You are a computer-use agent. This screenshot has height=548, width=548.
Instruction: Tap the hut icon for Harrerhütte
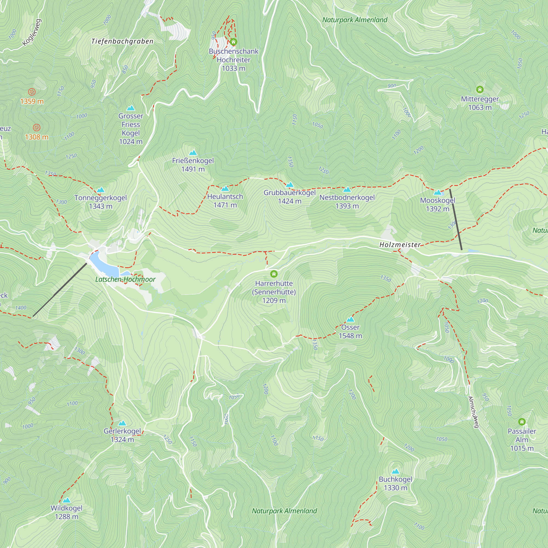(x=274, y=274)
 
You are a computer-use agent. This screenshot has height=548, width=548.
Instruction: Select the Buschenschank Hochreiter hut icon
(x=233, y=42)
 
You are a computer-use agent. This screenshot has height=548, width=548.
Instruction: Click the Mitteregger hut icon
(x=480, y=90)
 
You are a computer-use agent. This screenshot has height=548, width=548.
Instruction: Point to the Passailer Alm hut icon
(x=522, y=422)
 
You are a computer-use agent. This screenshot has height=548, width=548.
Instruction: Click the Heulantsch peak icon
(x=225, y=189)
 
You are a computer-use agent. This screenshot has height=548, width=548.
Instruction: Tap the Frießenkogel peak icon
(x=193, y=153)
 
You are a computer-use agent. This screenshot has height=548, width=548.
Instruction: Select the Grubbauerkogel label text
(x=289, y=193)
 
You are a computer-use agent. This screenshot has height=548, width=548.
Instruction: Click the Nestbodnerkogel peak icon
(x=347, y=190)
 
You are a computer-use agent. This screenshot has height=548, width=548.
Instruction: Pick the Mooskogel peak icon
(x=437, y=192)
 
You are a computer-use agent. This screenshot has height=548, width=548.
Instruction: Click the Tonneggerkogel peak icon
(x=100, y=190)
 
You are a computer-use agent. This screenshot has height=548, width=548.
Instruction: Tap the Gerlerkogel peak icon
(x=122, y=423)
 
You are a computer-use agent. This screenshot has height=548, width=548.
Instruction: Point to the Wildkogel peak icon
(x=66, y=500)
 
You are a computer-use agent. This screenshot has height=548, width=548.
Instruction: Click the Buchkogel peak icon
(x=395, y=471)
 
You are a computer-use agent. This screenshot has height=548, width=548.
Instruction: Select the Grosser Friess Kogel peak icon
(x=130, y=108)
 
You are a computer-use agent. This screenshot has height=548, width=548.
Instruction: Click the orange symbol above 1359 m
(x=32, y=92)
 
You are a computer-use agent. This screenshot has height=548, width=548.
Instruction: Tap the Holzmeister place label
(x=400, y=244)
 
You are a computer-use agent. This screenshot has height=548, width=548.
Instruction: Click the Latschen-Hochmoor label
(x=125, y=279)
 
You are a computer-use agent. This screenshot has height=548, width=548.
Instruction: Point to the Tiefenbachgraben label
(x=122, y=41)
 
